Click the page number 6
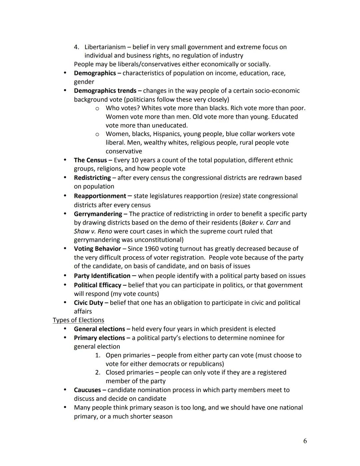click(305, 441)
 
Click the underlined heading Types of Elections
click(78, 320)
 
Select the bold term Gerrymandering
click(98, 214)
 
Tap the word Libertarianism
click(105, 47)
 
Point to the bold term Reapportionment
click(100, 196)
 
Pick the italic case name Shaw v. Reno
click(93, 231)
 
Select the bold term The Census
click(90, 160)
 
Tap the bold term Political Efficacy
click(98, 285)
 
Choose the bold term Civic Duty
click(89, 303)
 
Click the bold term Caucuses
click(87, 390)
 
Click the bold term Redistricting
click(92, 178)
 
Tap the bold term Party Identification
click(102, 276)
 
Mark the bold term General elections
click(99, 329)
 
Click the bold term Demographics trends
click(105, 91)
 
